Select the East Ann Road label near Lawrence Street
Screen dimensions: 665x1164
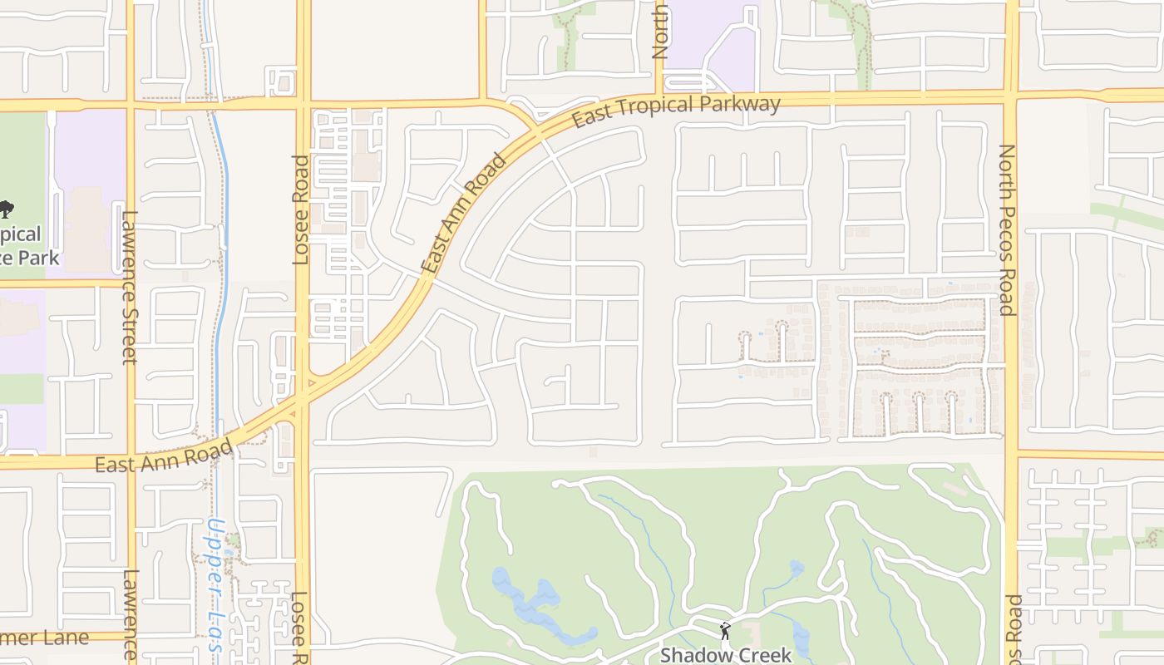tap(164, 456)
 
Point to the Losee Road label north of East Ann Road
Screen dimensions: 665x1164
tap(301, 209)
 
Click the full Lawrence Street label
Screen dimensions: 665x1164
tap(130, 287)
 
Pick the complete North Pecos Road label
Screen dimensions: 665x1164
tap(1007, 230)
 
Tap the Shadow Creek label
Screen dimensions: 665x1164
tap(726, 655)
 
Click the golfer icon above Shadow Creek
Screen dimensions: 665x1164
tap(725, 630)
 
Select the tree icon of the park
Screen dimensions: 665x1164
tap(6, 208)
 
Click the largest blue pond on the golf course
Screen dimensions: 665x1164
tap(532, 605)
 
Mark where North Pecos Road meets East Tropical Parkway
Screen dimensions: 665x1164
tap(1011, 98)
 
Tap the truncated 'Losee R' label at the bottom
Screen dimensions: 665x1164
tap(299, 628)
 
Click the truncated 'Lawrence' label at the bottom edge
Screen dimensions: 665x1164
tap(130, 615)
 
